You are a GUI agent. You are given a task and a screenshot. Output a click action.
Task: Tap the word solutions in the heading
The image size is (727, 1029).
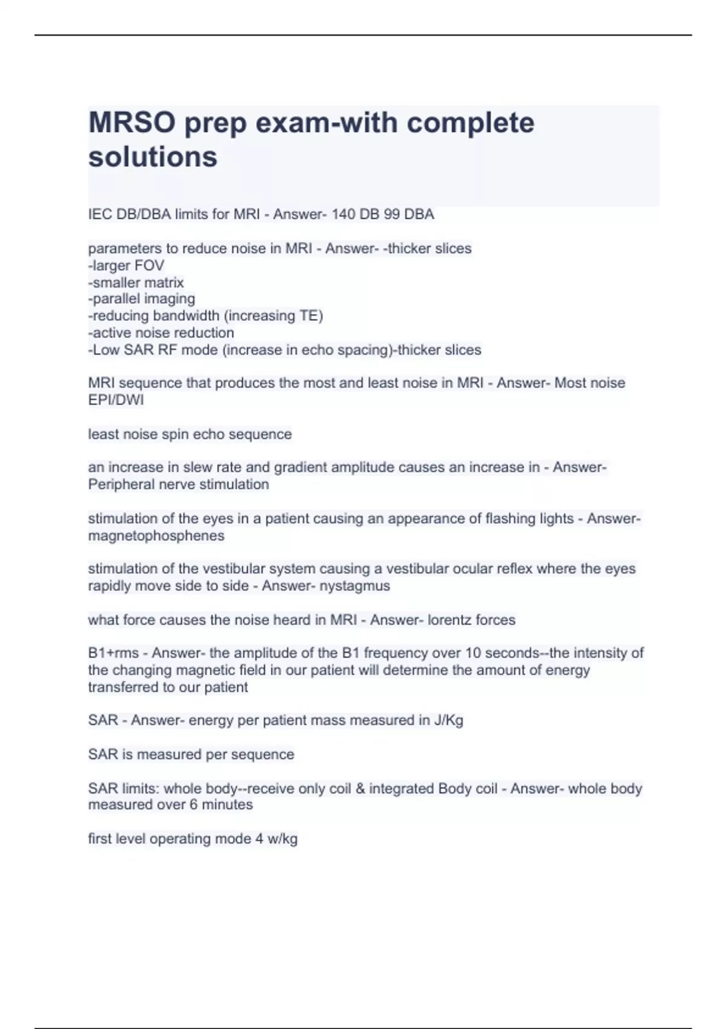click(x=153, y=157)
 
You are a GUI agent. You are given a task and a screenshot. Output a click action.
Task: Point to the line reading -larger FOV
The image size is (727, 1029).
click(x=126, y=265)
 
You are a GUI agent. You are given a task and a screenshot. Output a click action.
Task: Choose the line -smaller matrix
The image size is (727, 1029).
click(x=136, y=282)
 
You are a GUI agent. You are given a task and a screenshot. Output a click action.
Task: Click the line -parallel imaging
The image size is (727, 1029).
click(x=142, y=298)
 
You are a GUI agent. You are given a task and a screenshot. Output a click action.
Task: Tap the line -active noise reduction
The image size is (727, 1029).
click(x=161, y=332)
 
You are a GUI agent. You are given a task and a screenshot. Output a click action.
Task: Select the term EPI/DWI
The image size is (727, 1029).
click(x=116, y=399)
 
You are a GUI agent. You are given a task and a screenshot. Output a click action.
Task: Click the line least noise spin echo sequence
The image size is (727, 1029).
click(x=190, y=434)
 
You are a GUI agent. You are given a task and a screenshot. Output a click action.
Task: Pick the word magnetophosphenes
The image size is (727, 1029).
click(x=156, y=536)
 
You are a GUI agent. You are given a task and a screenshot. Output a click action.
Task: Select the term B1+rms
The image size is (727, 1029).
click(x=113, y=653)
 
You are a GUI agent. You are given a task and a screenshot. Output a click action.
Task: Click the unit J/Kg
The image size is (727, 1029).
click(x=449, y=720)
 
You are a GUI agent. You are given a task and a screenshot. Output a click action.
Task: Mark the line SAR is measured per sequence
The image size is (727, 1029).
click(x=191, y=754)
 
